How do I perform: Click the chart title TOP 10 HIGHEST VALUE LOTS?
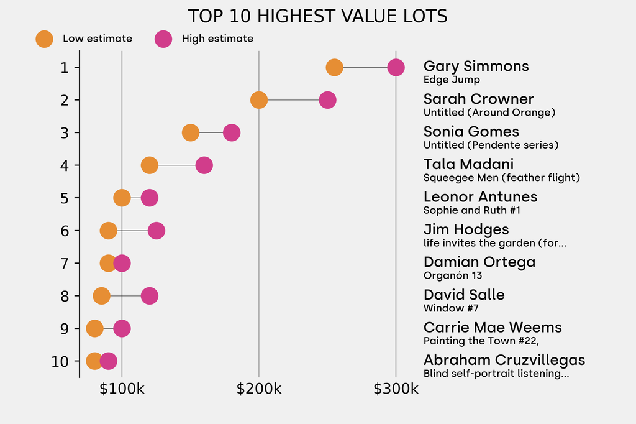coord(317,16)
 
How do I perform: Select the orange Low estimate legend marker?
coord(44,39)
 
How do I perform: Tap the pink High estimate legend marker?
coord(163,39)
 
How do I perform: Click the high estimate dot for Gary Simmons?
coord(396,67)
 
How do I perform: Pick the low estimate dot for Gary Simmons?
coord(334,67)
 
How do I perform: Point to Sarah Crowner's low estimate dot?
coord(259,100)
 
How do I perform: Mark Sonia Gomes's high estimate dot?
coord(232,132)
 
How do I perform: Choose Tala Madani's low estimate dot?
coord(149,165)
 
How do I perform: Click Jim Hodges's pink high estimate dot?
coord(157,231)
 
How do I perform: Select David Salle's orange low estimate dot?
coord(101,296)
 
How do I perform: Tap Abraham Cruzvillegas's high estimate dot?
coord(108,361)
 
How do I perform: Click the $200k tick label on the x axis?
coord(259,390)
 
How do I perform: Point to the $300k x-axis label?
coord(396,390)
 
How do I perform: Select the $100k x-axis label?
coord(122,390)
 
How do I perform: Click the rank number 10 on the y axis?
coord(60,361)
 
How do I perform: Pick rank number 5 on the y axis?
coord(65,198)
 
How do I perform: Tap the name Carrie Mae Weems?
coord(493,328)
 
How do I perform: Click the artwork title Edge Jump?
coord(452,80)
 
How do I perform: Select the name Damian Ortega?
coord(479,262)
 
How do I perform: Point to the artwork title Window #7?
coord(451,308)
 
